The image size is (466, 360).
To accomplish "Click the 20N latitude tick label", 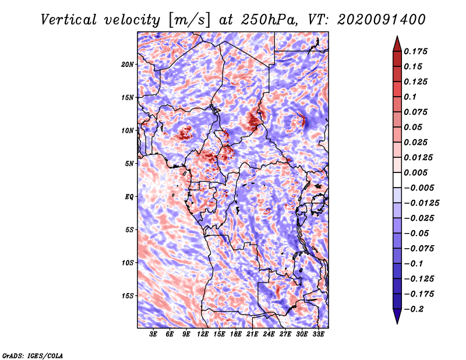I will click(x=128, y=64).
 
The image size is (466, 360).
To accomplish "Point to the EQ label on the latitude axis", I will click(x=129, y=196).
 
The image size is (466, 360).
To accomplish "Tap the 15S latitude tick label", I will click(x=128, y=295).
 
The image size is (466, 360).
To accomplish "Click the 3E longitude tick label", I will click(x=154, y=334).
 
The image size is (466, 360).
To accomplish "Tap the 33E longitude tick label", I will click(x=319, y=334).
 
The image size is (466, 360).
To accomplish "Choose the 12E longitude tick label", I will click(x=203, y=334).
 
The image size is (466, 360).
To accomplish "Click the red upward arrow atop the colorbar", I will click(x=397, y=43).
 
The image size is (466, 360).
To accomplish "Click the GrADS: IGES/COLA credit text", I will click(x=32, y=355).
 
